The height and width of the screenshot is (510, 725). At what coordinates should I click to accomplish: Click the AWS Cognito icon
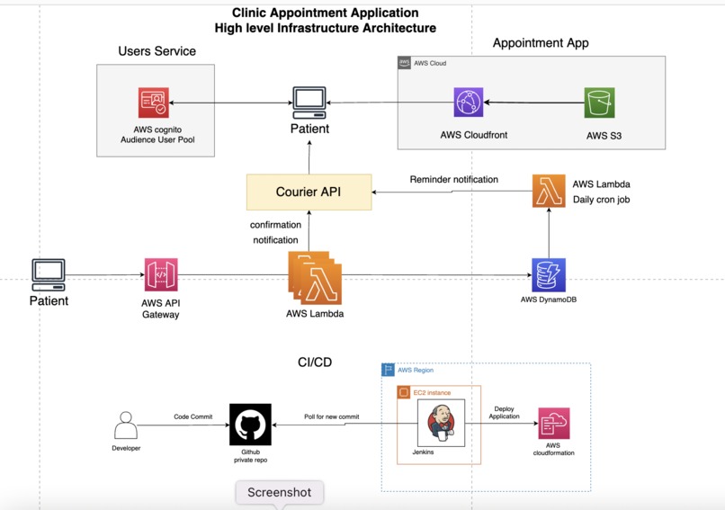(154, 103)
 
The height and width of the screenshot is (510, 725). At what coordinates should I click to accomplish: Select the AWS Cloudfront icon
(468, 103)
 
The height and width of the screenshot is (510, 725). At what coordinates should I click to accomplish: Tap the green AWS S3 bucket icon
(598, 103)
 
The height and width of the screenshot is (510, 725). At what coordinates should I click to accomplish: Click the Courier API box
(309, 192)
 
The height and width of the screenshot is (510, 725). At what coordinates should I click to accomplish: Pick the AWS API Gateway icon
(161, 274)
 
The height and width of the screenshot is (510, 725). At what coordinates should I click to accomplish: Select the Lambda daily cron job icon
(548, 192)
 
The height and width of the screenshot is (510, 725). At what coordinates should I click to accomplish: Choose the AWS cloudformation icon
(552, 423)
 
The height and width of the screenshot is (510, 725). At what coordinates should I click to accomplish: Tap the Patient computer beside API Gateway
(49, 273)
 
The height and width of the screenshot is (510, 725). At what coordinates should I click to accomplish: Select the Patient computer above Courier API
(309, 103)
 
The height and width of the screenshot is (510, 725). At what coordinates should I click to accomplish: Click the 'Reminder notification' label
(453, 180)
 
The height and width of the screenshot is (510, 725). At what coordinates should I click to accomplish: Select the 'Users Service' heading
(157, 51)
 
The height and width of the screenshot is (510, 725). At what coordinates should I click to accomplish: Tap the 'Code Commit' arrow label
(194, 417)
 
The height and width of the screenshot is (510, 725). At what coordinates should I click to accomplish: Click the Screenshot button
(280, 493)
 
